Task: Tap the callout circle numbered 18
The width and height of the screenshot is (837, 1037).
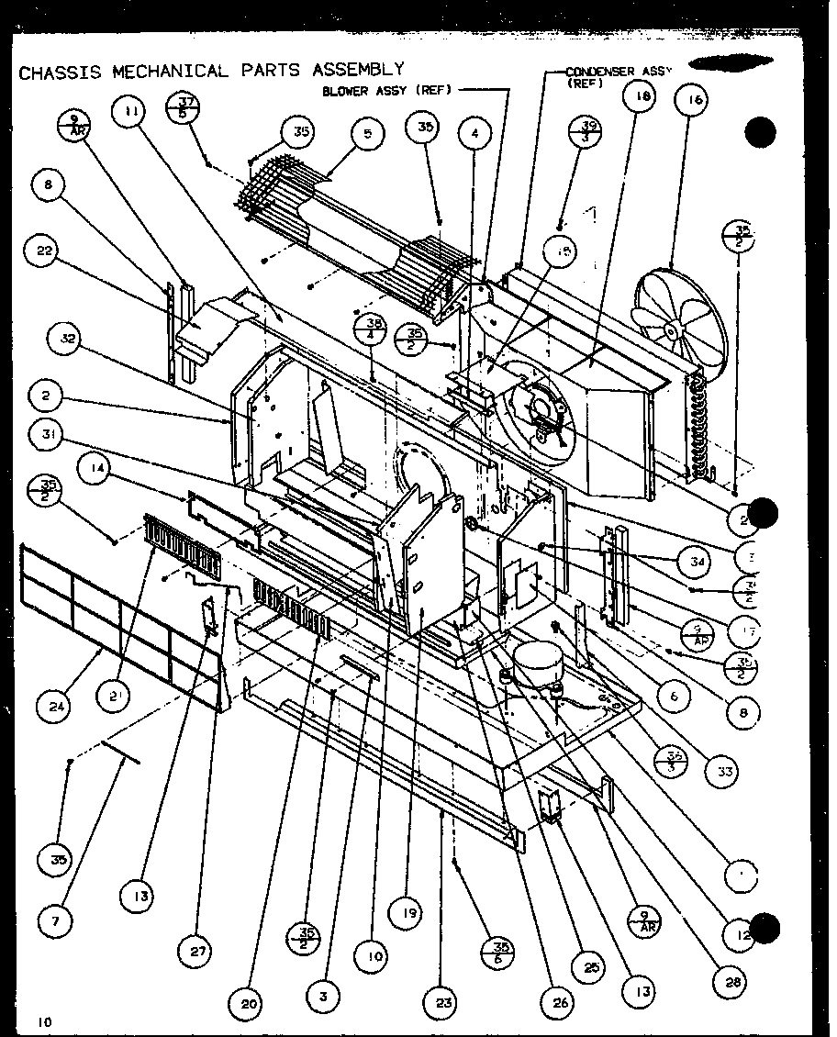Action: [640, 95]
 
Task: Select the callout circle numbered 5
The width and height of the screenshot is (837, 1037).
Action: [367, 134]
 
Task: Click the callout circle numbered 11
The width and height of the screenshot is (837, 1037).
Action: [130, 112]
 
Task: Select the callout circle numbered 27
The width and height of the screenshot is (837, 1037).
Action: [198, 953]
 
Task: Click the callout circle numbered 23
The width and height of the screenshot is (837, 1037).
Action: [443, 1003]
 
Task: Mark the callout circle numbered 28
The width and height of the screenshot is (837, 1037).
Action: [730, 982]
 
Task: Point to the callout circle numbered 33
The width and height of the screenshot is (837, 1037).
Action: [725, 772]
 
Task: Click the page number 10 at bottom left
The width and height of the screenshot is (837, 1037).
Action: [45, 1020]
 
